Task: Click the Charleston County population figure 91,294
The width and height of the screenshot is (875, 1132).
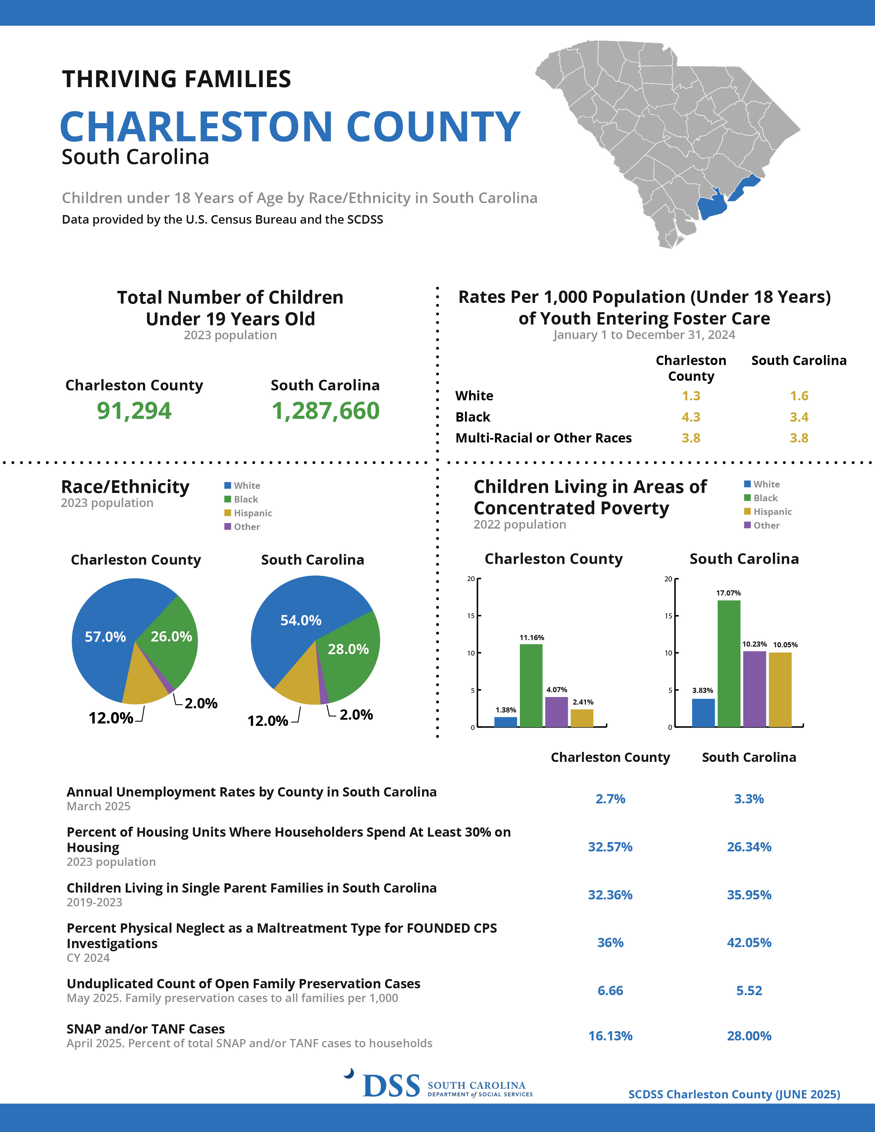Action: tap(134, 411)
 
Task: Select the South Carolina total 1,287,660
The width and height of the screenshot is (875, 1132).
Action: tap(326, 411)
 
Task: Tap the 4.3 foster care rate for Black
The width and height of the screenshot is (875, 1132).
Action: tap(691, 417)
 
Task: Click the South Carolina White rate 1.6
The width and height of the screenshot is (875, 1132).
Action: tap(799, 396)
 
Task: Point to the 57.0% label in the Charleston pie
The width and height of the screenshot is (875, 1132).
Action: tap(105, 636)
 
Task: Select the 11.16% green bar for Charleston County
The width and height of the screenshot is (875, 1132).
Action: tap(531, 685)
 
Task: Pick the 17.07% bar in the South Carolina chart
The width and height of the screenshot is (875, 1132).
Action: tap(729, 663)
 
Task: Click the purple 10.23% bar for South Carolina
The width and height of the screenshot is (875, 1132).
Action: tap(754, 689)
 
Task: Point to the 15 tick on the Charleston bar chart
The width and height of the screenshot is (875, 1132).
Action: tap(471, 616)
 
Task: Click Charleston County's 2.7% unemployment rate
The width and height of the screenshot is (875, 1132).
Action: tap(610, 799)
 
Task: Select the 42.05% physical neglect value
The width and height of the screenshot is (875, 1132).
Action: tap(749, 942)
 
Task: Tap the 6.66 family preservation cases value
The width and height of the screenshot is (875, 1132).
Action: tap(610, 991)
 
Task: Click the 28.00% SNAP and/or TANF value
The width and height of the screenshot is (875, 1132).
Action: tap(749, 1036)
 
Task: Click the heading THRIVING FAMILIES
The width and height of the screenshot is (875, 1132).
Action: tap(176, 79)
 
